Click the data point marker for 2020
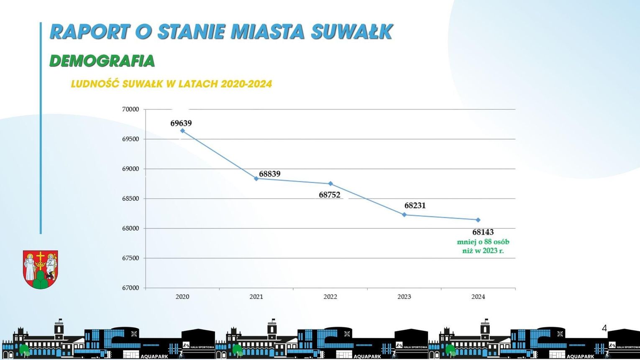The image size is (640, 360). coord(182,131)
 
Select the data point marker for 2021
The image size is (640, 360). coord(256,179)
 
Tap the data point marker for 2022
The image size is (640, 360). coord(330,184)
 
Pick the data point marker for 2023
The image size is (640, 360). coord(404,214)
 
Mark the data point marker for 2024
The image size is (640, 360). coord(478,220)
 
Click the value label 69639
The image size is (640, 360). coord(181,123)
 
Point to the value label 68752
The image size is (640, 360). coord(330,195)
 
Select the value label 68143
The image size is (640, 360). coord(483,232)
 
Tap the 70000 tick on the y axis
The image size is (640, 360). coord(131,110)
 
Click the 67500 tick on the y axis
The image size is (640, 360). coord(131,258)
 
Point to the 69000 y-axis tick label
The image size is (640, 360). coord(131,169)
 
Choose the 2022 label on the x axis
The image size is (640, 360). coord(330,297)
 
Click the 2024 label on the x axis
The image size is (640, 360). coord(478,297)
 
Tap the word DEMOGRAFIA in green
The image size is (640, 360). coord(102,61)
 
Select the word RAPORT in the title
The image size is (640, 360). coord(90,32)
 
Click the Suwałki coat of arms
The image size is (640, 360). coord(40,270)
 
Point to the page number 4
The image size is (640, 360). coord(604,328)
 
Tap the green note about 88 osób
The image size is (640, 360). coord(483,246)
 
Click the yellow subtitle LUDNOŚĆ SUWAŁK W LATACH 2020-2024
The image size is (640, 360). coord(172,84)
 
